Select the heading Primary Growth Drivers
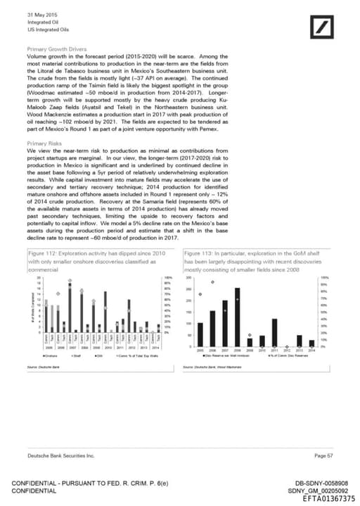pyautogui.click(x=56, y=49)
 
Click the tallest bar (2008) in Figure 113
pyautogui.click(x=237, y=317)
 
